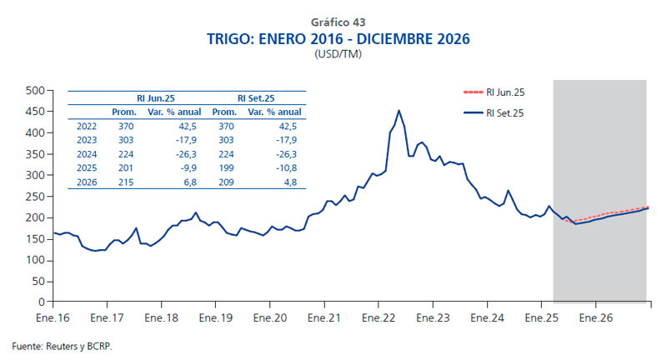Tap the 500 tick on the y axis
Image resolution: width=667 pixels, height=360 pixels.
coord(33,90)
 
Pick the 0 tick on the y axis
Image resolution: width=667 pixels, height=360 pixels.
coord(39,302)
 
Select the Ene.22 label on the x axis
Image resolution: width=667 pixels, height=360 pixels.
coord(379,318)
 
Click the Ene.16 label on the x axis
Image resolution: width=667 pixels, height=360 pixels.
coord(53,318)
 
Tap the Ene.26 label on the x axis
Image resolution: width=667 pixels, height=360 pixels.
coord(596,318)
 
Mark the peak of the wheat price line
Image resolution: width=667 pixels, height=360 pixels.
coord(399,110)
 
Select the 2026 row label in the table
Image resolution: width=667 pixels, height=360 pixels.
coord(86,182)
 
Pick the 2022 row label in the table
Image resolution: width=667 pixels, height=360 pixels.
coord(86,125)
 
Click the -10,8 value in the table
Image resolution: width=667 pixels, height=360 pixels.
coord(287,167)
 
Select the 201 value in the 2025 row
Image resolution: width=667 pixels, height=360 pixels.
coord(125,167)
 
